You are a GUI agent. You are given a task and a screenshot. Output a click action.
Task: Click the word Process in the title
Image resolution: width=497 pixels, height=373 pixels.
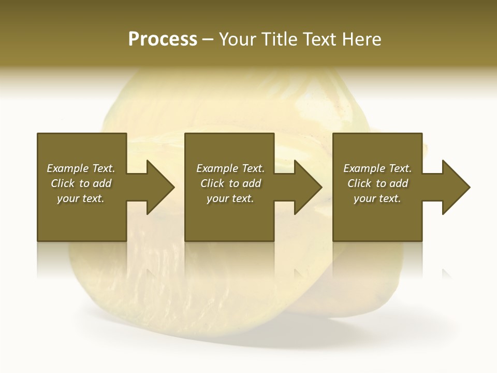click(x=163, y=39)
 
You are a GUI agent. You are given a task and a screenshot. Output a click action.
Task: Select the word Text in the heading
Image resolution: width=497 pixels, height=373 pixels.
click(x=320, y=39)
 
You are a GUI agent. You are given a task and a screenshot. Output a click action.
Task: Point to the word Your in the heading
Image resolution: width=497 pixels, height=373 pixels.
click(x=237, y=39)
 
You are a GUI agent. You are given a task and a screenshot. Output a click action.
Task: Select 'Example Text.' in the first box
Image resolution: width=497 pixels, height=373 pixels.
click(x=81, y=168)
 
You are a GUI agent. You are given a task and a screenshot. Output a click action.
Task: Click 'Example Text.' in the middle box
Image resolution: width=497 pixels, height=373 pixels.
click(x=230, y=168)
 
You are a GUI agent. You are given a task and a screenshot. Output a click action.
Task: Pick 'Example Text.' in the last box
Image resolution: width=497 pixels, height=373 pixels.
click(x=377, y=168)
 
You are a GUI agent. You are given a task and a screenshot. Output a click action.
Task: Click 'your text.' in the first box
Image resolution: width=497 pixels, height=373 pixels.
click(x=81, y=198)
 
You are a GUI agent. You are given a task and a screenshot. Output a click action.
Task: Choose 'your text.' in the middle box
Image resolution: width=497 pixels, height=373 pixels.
click(x=230, y=198)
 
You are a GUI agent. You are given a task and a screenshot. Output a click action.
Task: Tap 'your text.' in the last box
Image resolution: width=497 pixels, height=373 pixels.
click(x=377, y=198)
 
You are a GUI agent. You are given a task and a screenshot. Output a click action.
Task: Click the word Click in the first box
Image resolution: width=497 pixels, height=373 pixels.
click(x=63, y=183)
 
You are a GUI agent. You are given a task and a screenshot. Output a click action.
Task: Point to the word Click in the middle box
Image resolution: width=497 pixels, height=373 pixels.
click(x=212, y=183)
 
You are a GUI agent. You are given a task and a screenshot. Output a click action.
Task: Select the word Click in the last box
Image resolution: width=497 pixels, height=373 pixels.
click(x=359, y=183)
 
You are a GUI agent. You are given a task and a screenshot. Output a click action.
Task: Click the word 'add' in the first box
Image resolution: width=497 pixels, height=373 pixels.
click(x=102, y=183)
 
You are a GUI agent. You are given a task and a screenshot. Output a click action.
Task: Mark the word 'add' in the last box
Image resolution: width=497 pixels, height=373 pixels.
click(x=399, y=183)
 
